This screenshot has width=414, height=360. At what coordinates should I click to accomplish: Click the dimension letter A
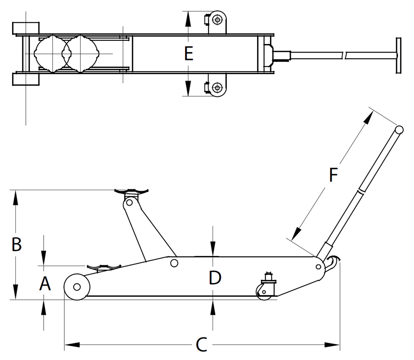(x=45, y=284)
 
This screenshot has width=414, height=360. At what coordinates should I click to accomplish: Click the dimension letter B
(x=17, y=244)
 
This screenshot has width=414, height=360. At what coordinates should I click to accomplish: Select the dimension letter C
(x=201, y=344)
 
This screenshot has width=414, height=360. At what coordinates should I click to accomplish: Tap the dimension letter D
(x=215, y=278)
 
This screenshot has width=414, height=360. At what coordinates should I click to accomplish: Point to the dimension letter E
(x=188, y=54)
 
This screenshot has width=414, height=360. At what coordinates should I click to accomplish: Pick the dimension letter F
(x=334, y=175)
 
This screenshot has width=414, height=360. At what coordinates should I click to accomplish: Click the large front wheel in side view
(x=77, y=287)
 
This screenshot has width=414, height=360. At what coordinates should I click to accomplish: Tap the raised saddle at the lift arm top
(x=131, y=191)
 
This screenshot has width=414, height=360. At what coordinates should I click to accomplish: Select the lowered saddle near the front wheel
(x=104, y=267)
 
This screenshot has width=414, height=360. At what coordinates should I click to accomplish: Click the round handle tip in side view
(x=399, y=130)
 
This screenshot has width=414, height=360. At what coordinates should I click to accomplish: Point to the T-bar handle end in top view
(x=398, y=55)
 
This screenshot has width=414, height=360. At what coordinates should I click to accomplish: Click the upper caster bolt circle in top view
(x=217, y=20)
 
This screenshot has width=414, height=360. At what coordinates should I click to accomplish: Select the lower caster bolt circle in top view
(x=217, y=87)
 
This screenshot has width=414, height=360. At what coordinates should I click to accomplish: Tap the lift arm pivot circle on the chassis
(x=174, y=263)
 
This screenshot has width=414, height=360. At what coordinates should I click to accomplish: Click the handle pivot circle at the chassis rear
(x=319, y=267)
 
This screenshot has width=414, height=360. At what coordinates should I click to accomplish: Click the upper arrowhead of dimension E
(x=188, y=19)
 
